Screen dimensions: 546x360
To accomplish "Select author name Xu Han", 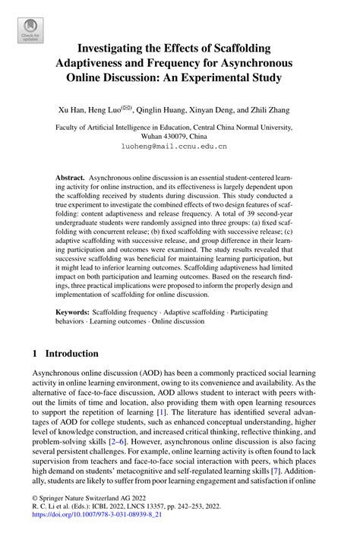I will click(x=74, y=109).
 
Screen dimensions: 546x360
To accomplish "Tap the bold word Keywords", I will click(x=73, y=312).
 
